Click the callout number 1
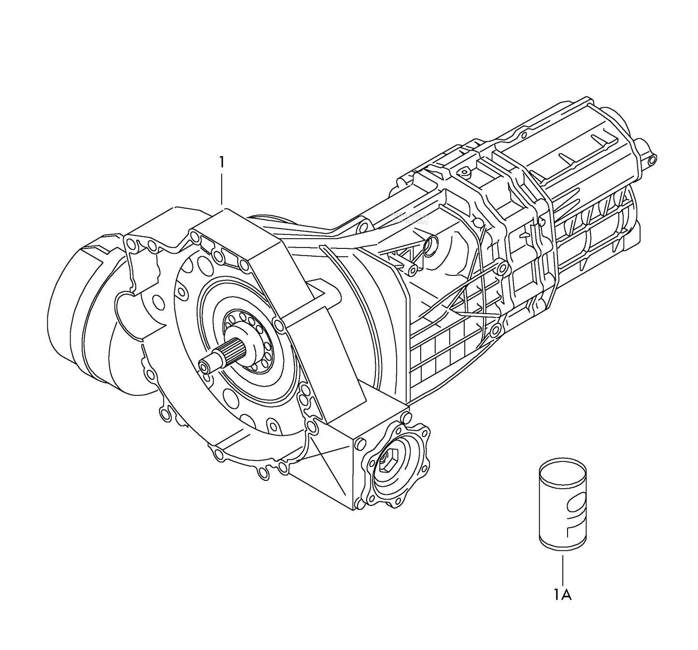tap(222, 162)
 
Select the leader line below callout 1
tap(222, 189)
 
